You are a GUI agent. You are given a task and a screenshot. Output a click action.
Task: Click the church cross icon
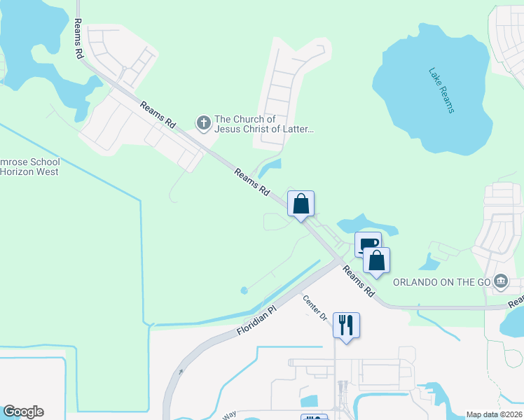point(204,124)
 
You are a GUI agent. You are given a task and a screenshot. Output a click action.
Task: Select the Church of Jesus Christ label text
point(263,124)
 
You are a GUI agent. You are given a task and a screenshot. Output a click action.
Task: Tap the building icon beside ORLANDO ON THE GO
point(501,282)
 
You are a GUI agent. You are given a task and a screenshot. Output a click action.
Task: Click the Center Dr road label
point(315,308)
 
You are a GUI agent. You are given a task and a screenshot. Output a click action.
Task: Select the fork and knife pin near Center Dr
point(346,325)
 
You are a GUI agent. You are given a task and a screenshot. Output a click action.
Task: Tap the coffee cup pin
point(368,244)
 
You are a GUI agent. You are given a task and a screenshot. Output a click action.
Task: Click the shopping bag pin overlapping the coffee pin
point(376,260)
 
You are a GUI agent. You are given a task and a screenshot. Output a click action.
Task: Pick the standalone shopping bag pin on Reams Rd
point(301,204)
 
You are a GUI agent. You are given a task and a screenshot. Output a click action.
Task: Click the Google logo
point(23,412)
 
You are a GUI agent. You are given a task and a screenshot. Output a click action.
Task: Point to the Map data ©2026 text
point(493,414)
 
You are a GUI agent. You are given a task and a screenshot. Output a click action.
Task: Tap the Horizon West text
point(29,171)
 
